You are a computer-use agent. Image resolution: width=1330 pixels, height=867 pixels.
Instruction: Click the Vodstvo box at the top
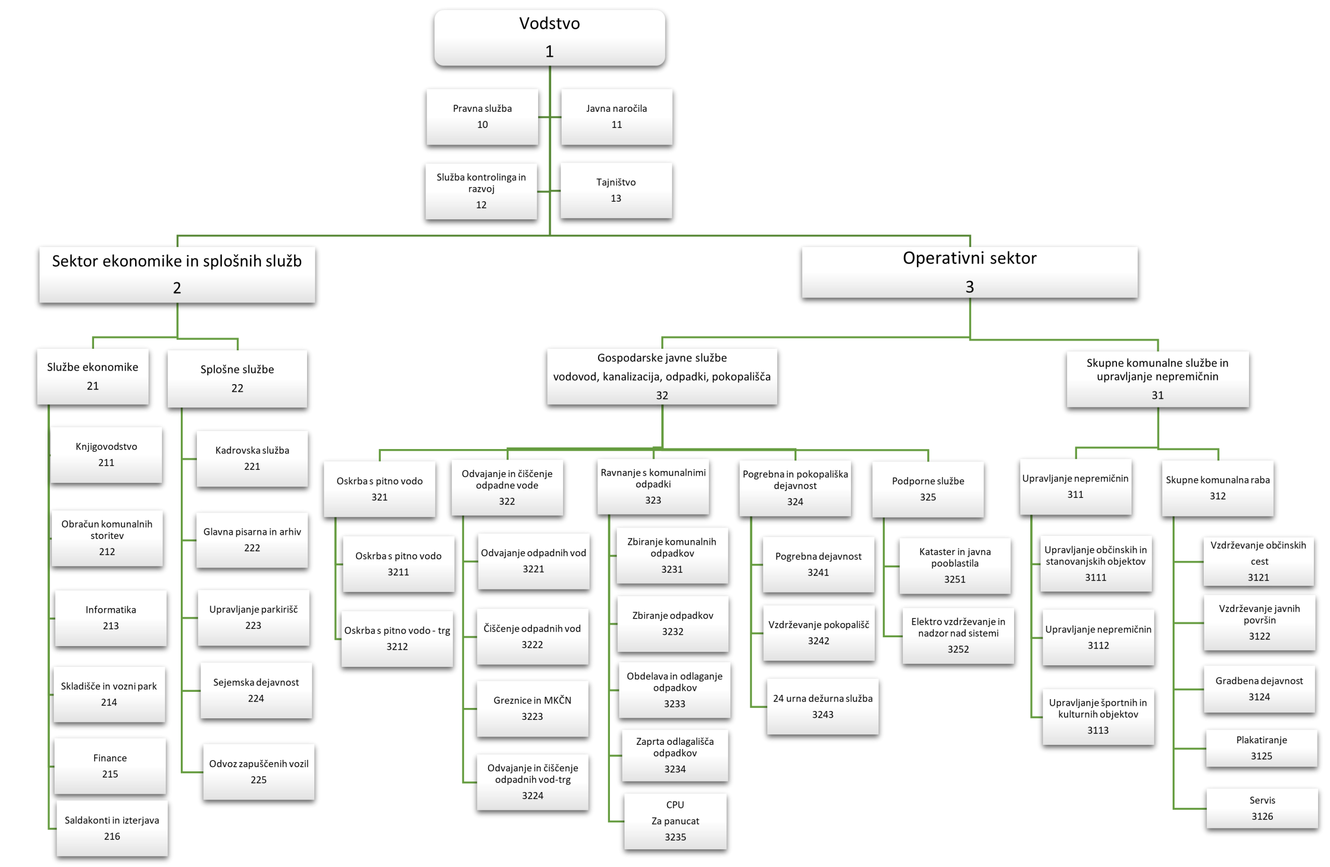[x=549, y=37]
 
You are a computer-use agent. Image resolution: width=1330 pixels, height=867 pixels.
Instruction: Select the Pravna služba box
[x=482, y=117]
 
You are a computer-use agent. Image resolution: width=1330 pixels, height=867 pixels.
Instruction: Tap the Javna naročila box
[x=616, y=117]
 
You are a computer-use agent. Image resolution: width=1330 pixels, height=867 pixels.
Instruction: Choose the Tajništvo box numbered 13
[x=616, y=190]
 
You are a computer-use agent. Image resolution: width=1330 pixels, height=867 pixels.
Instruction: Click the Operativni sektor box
[x=969, y=272]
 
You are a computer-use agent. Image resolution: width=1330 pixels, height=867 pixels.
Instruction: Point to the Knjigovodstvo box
[x=106, y=454]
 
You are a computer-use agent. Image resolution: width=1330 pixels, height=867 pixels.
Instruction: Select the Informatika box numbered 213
[x=111, y=618]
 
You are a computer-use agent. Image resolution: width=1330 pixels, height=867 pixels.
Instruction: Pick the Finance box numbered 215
[x=110, y=766]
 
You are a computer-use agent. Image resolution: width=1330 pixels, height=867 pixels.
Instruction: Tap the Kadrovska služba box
[x=252, y=458]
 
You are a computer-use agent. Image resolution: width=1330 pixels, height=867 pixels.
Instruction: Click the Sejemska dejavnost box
[x=256, y=690]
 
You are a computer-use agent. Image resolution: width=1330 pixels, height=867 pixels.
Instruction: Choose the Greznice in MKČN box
[x=532, y=708]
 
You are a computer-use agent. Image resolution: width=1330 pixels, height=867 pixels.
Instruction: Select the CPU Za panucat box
[x=675, y=821]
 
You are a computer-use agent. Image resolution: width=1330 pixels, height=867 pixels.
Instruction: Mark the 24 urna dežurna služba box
[x=822, y=706]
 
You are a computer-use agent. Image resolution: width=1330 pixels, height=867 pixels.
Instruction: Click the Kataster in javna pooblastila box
[x=955, y=565]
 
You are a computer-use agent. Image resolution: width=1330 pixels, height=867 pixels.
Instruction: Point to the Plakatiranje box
[x=1261, y=748]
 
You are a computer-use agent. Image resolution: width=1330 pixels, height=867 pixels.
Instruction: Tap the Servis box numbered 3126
[x=1262, y=808]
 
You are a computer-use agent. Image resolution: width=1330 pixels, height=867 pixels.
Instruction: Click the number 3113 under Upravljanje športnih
[x=1098, y=730]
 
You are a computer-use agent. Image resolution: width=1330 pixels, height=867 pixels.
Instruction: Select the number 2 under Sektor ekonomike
[x=177, y=288]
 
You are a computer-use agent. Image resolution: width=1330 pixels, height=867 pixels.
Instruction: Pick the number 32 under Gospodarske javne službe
[x=662, y=395]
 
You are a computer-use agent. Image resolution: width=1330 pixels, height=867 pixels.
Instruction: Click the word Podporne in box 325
[x=910, y=481]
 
